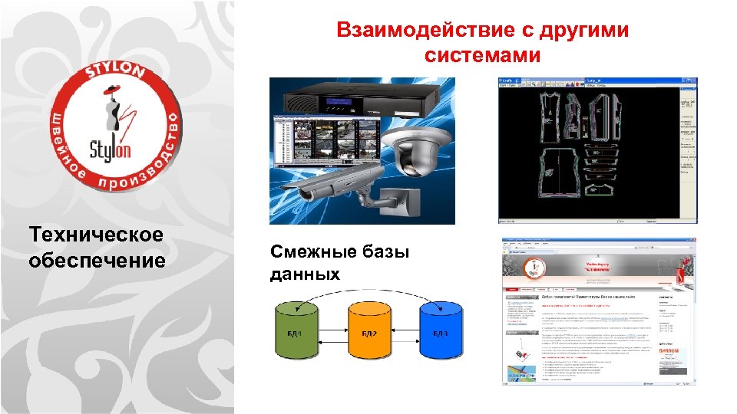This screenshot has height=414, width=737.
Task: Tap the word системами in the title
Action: tap(481, 56)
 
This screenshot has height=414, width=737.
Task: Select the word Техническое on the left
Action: tap(96, 235)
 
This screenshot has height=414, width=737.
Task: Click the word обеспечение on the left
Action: tap(97, 261)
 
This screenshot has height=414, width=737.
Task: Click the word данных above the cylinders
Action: tap(305, 274)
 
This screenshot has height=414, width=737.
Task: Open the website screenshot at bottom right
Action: tap(599, 310)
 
